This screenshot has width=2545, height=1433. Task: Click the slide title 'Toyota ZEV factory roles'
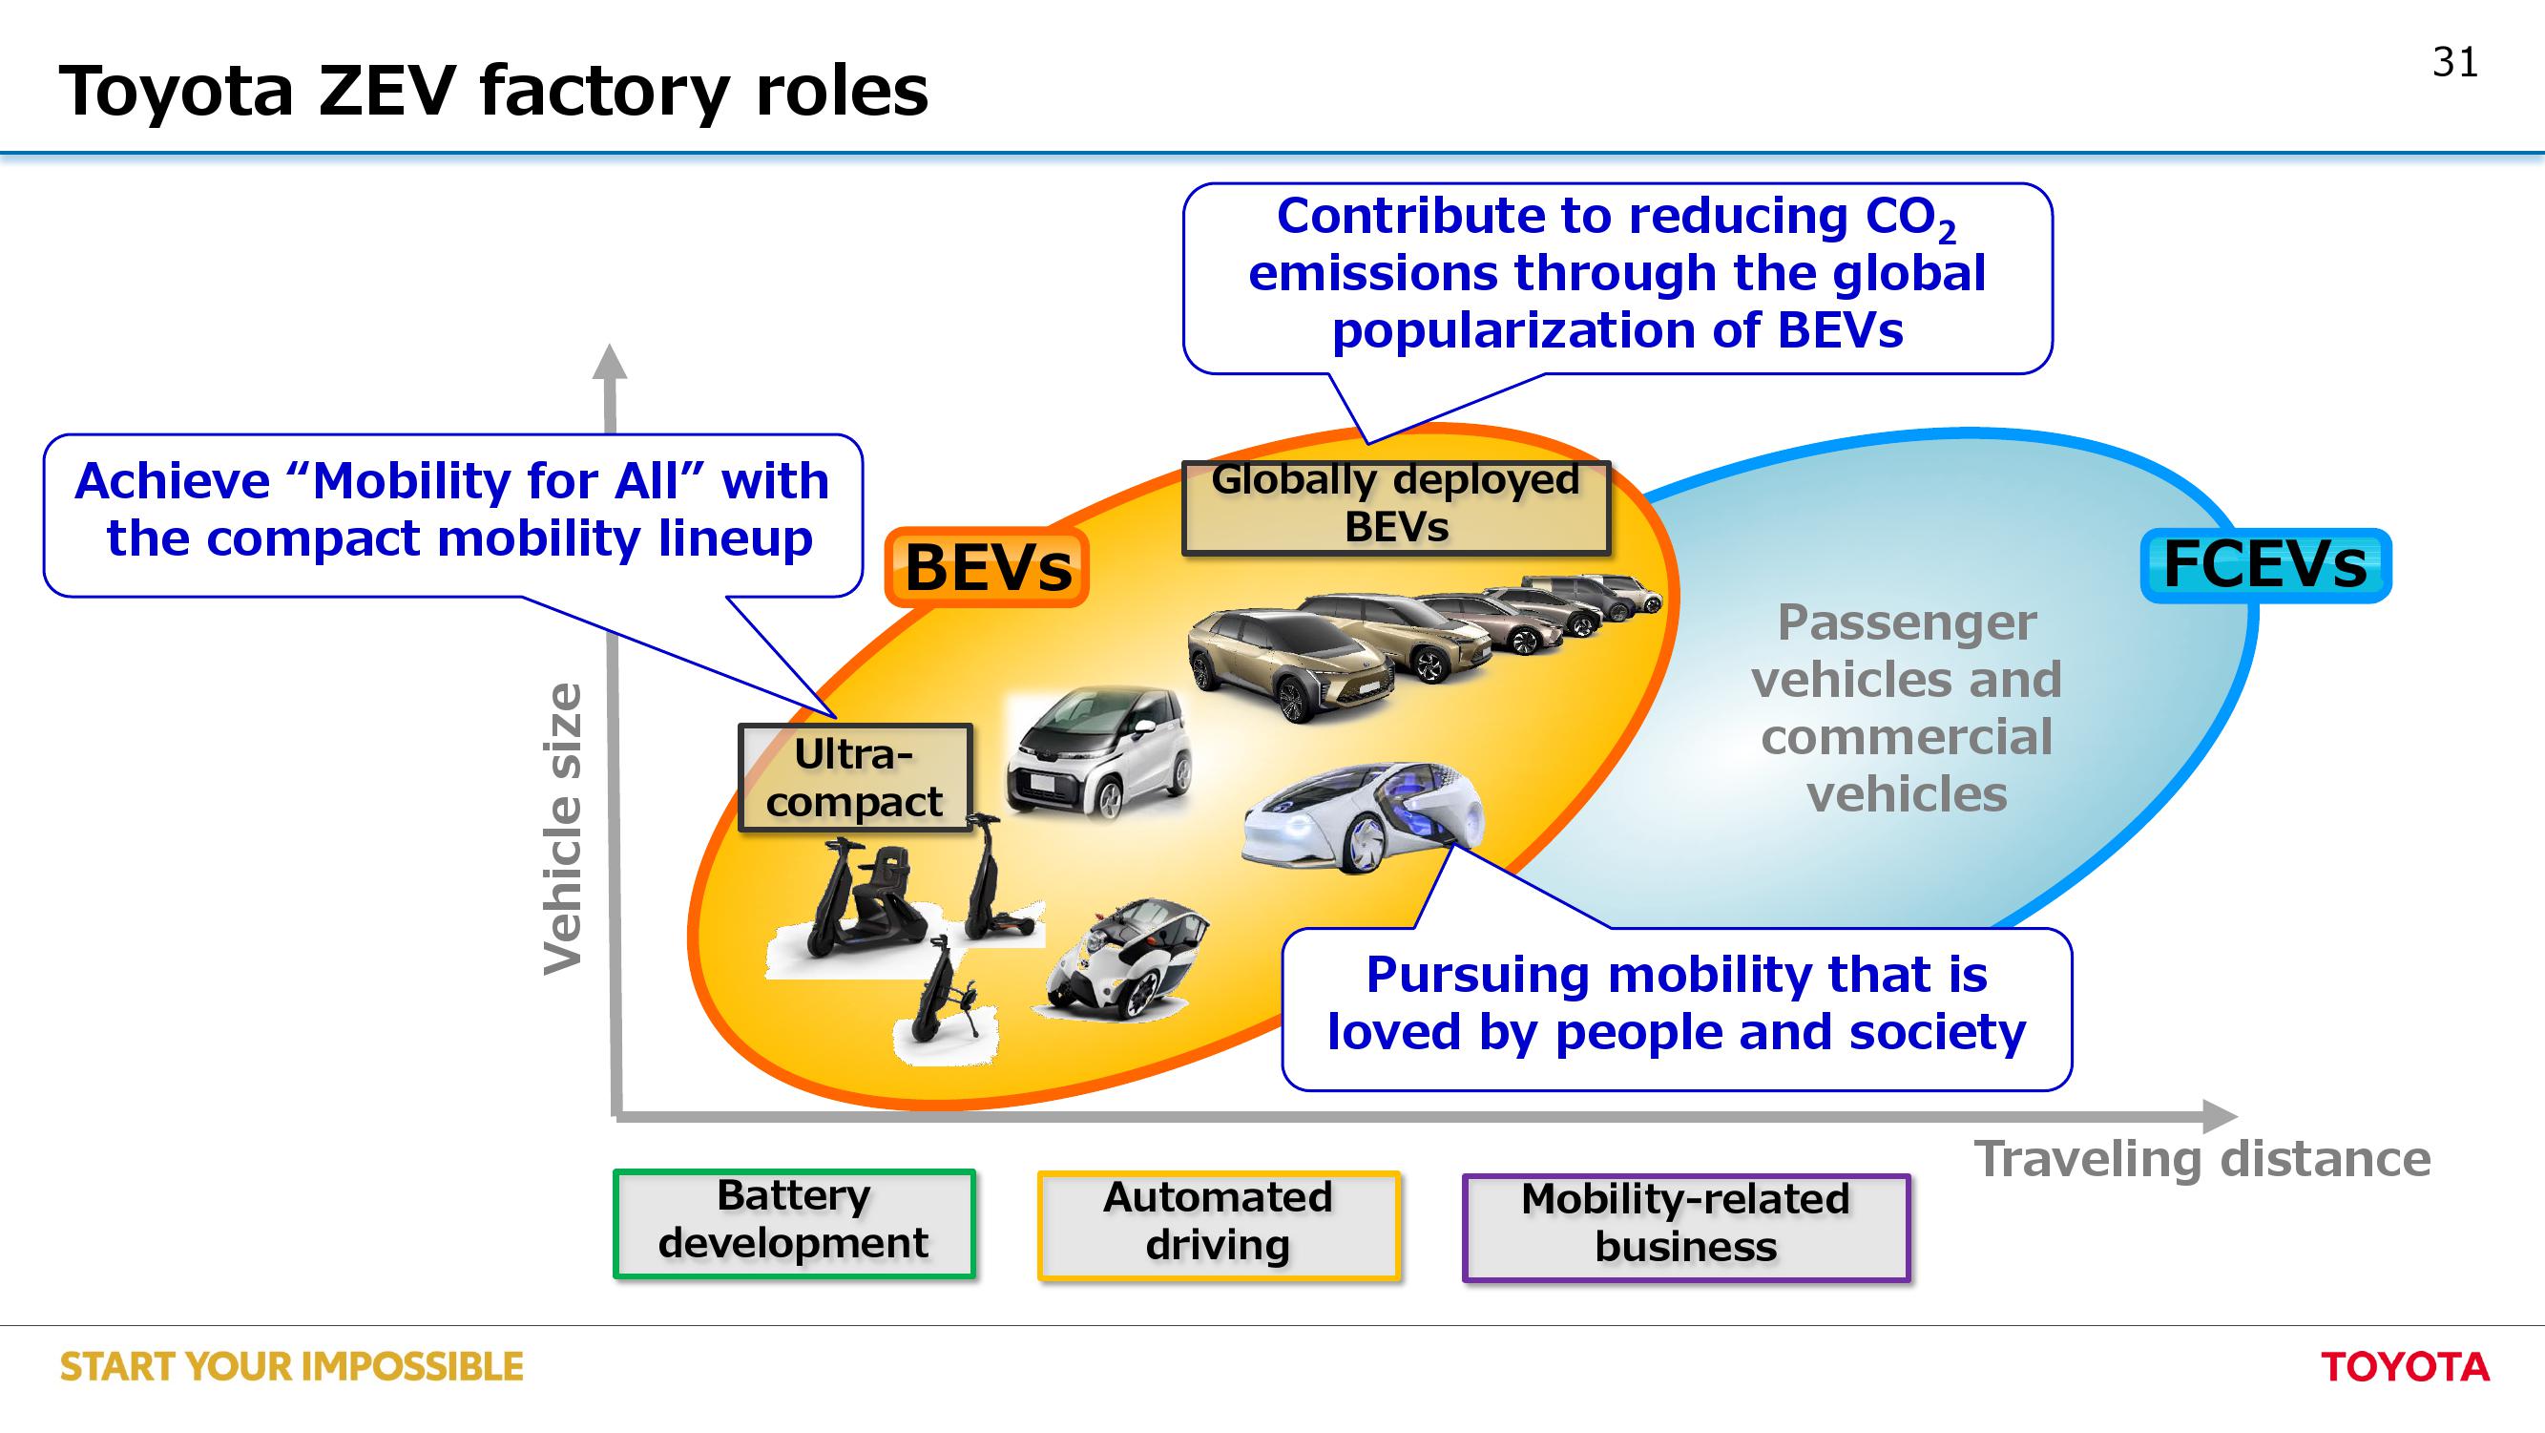pos(494,91)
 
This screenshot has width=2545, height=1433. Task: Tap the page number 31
pos(2455,62)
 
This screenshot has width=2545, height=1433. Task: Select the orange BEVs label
pos(987,567)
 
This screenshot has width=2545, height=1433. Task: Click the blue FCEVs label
pos(2265,564)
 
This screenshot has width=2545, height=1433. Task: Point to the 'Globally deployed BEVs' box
pos(1396,507)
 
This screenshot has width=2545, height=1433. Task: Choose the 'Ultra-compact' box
pos(856,778)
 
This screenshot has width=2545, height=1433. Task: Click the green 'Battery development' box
pos(793,1224)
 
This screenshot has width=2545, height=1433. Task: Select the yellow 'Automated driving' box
pos(1219,1226)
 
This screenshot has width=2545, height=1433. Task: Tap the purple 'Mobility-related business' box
pos(1685,1228)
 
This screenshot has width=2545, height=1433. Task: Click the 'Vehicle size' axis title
pos(564,828)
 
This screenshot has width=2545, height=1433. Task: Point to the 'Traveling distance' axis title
pos(2202,1159)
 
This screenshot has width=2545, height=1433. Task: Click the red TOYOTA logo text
pos(2405,1367)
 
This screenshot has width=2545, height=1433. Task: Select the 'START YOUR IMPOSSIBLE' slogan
pos(291,1367)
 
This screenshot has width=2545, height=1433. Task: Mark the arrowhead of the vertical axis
pos(610,362)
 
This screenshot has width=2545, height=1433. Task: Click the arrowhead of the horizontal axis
pos(2220,1117)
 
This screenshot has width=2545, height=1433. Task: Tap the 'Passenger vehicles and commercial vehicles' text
pos(1906,707)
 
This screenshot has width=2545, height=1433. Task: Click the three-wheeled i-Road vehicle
pos(1126,959)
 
